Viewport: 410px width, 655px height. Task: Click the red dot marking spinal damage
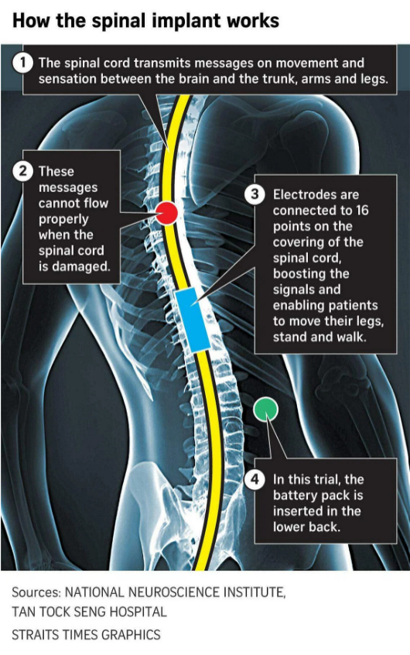pos(166,213)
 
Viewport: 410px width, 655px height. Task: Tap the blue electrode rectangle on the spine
pos(192,319)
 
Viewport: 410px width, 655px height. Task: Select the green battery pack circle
pos(265,410)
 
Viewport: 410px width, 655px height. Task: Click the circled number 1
pos(22,63)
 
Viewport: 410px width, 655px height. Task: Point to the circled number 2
pos(22,171)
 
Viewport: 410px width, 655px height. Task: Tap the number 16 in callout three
pos(362,210)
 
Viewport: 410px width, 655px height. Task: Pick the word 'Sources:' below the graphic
pos(36,592)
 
